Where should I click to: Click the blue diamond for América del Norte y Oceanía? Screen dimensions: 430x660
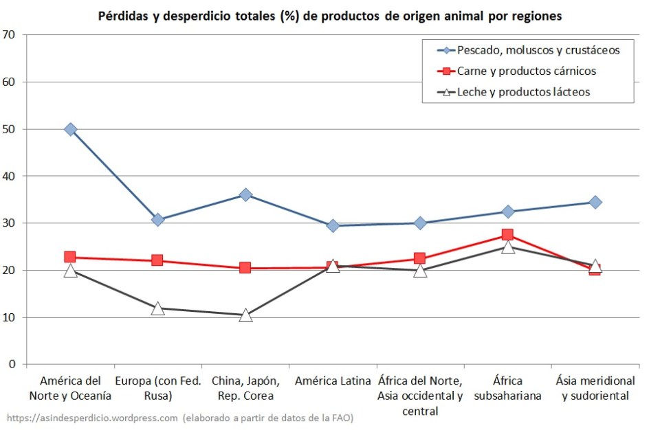pos(70,129)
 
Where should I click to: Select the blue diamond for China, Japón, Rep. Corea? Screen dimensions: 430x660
pos(245,195)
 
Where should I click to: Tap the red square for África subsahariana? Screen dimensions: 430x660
pos(507,235)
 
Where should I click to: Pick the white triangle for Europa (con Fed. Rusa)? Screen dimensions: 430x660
pos(157,308)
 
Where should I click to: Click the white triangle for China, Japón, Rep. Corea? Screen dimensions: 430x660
pos(245,316)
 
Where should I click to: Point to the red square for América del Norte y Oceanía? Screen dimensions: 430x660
pos(70,257)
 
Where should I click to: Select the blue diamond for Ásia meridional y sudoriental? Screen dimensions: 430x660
pos(595,202)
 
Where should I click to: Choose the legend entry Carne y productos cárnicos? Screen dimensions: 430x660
pos(526,71)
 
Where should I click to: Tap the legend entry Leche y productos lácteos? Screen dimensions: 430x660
pos(523,91)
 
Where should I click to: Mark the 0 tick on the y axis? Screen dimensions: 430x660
pos(12,365)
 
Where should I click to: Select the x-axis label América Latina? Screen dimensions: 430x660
pos(333,381)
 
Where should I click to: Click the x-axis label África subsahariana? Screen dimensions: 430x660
pos(507,388)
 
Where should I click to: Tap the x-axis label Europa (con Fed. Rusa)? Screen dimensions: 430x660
pos(157,388)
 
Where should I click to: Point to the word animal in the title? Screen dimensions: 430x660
pos(476,16)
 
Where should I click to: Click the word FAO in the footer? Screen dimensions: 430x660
pos(341,417)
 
